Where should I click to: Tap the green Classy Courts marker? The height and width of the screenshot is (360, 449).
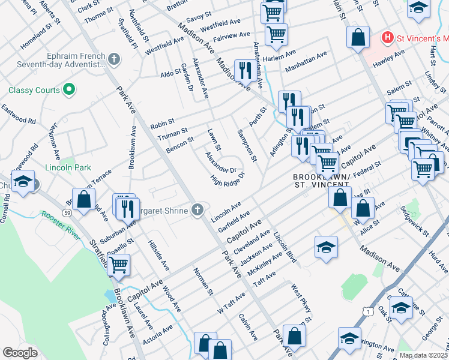[x=69, y=90]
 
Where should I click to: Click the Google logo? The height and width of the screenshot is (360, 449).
[x=20, y=353]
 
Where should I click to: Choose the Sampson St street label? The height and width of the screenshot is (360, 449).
[x=247, y=146]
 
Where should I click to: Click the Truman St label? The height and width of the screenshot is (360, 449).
[x=173, y=134]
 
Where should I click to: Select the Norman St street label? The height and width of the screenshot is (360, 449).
[x=203, y=281]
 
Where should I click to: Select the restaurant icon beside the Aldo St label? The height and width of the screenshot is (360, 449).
[x=243, y=70]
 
